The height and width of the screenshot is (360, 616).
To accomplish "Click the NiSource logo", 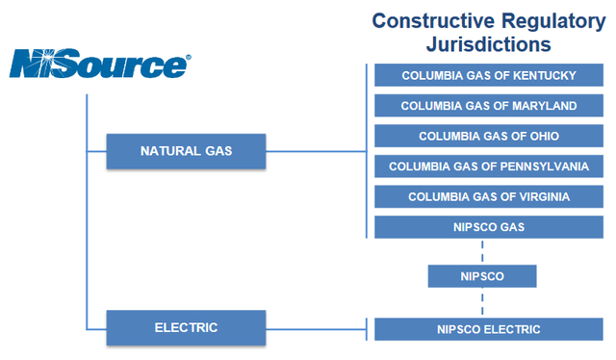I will [99, 64].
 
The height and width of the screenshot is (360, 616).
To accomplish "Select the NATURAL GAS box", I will [186, 151].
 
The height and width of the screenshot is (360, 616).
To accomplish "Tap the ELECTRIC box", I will [186, 327].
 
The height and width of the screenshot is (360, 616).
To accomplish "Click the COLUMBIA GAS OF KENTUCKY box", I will [488, 76].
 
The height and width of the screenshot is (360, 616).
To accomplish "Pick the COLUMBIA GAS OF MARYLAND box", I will [488, 106].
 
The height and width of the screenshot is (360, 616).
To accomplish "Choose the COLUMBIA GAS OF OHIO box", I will [488, 136].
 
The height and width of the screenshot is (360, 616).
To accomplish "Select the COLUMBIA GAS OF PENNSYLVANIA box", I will [488, 167].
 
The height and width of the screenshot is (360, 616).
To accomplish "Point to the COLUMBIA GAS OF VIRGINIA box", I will [488, 196].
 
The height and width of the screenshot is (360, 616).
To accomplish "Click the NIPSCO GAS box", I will [488, 227].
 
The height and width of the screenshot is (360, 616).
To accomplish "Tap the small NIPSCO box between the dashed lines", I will [480, 276].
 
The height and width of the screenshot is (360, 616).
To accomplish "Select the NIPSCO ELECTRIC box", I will [488, 329].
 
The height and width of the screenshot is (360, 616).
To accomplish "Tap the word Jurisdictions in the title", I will [488, 44].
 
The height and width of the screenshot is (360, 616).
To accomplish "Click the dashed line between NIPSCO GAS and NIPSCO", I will [480, 251].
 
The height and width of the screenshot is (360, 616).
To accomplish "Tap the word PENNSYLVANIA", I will [534, 167].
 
